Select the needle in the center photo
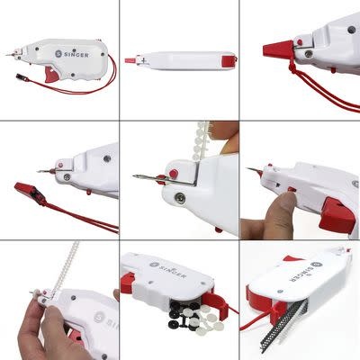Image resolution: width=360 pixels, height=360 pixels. [x=143, y=176]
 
